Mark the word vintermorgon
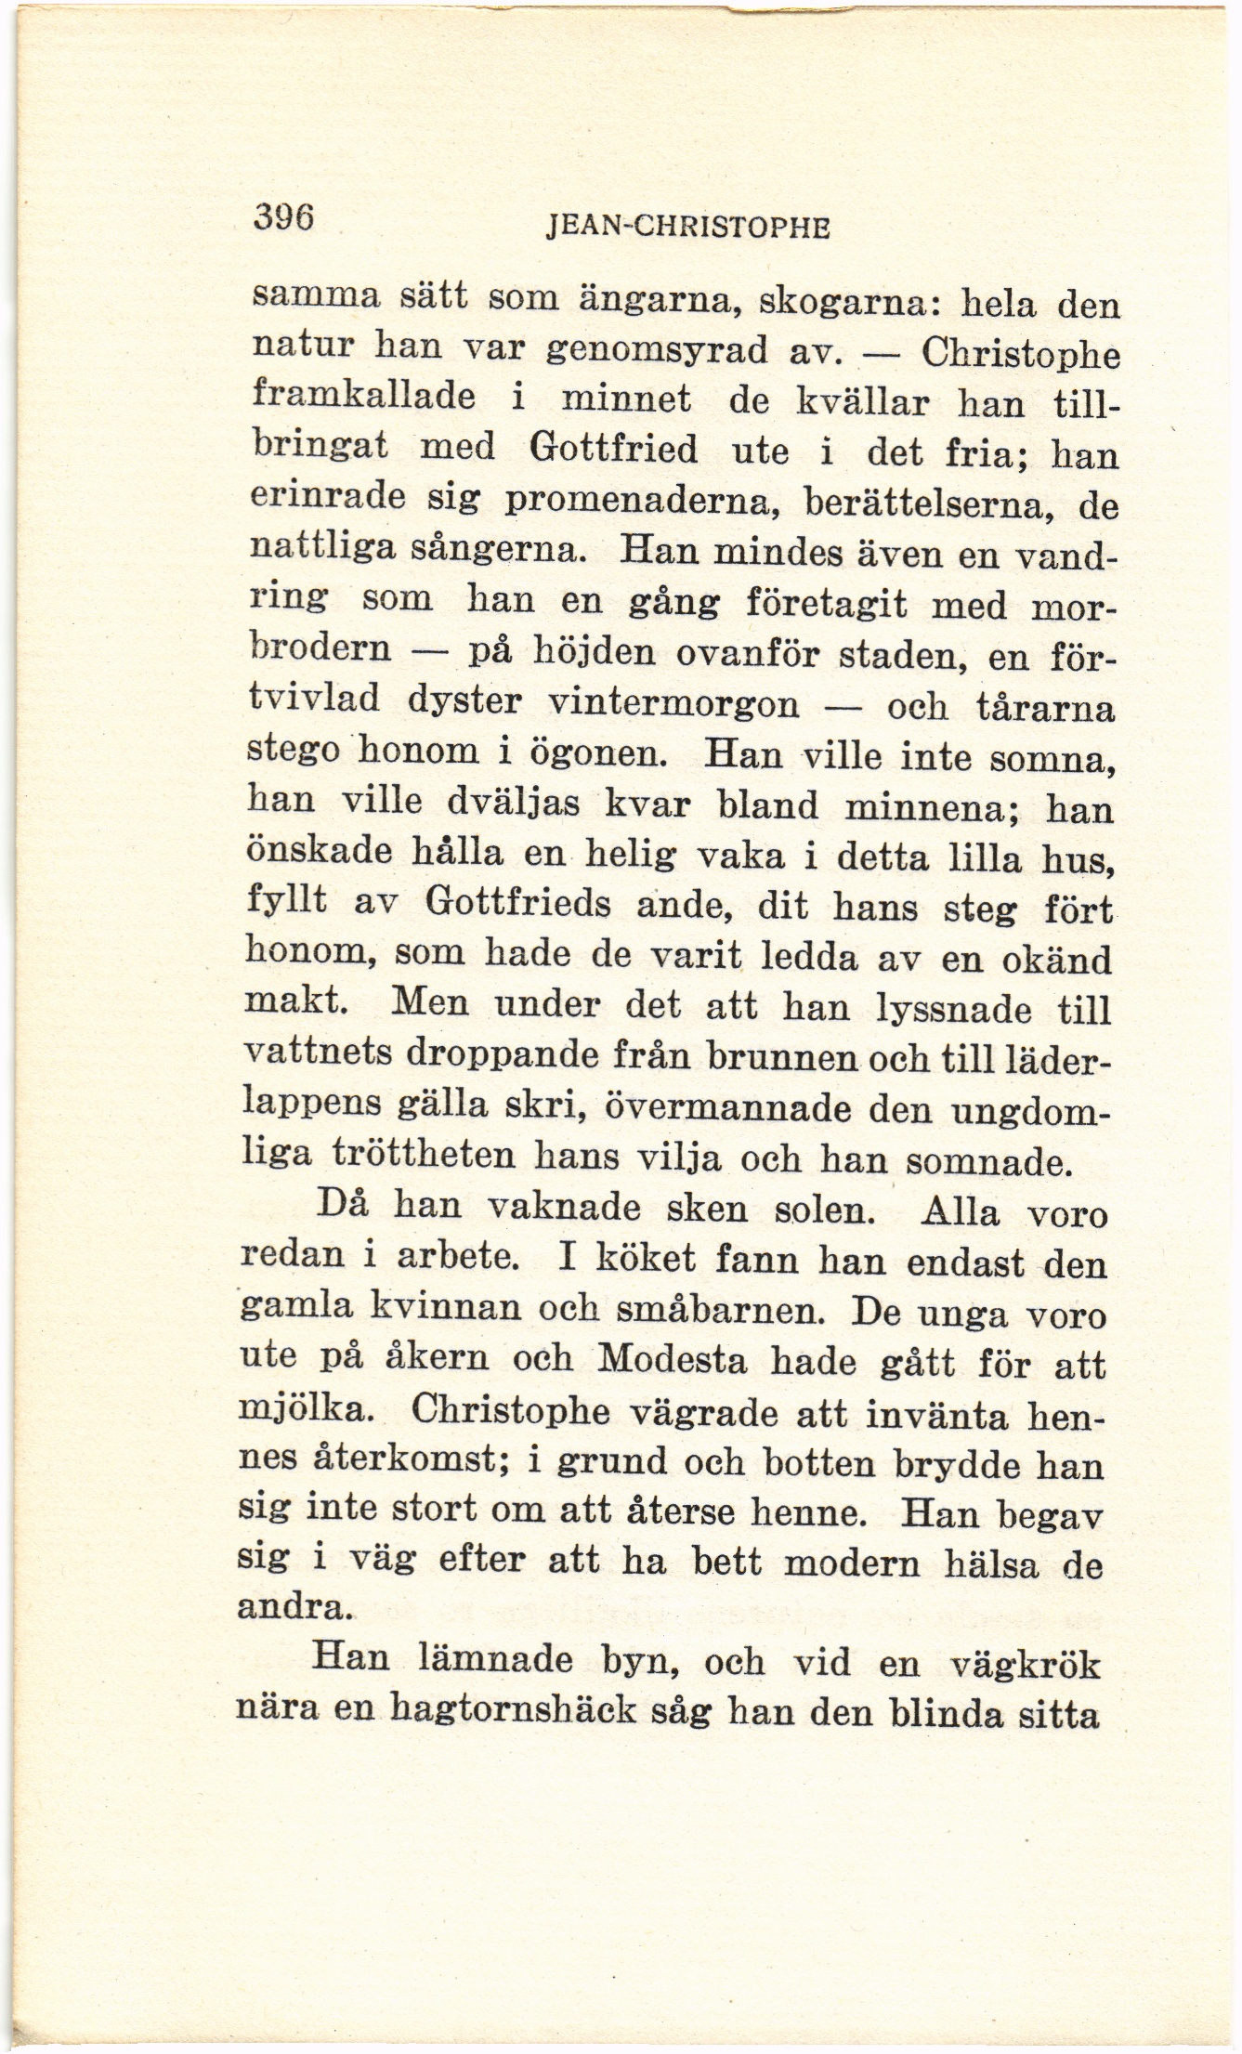(x=674, y=703)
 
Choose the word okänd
(x=1058, y=958)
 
